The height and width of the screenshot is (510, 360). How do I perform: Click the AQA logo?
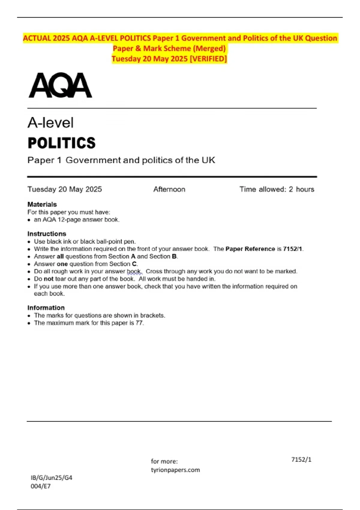(x=60, y=85)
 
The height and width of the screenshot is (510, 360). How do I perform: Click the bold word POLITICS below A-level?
(x=61, y=143)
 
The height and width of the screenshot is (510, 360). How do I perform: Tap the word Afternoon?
(x=169, y=189)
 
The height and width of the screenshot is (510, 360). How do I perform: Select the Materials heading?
(x=42, y=204)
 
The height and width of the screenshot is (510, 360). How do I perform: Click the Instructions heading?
(x=46, y=234)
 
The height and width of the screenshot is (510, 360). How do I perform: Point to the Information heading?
(x=46, y=308)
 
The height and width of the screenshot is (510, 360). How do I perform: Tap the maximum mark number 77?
(x=139, y=323)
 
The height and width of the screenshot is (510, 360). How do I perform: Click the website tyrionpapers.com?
(x=175, y=470)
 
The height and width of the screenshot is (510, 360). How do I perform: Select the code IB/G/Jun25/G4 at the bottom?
(x=51, y=478)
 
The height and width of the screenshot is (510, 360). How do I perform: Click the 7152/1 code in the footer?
(x=301, y=460)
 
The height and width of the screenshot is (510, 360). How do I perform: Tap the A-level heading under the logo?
(x=50, y=123)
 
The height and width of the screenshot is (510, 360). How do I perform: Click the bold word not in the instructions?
(x=49, y=279)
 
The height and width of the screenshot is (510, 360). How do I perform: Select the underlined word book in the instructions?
(x=133, y=271)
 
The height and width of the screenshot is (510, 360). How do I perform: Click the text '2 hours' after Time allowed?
(x=301, y=189)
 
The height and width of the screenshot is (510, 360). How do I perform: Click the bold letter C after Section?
(x=134, y=264)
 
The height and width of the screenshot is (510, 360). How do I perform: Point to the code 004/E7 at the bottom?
(x=40, y=486)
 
